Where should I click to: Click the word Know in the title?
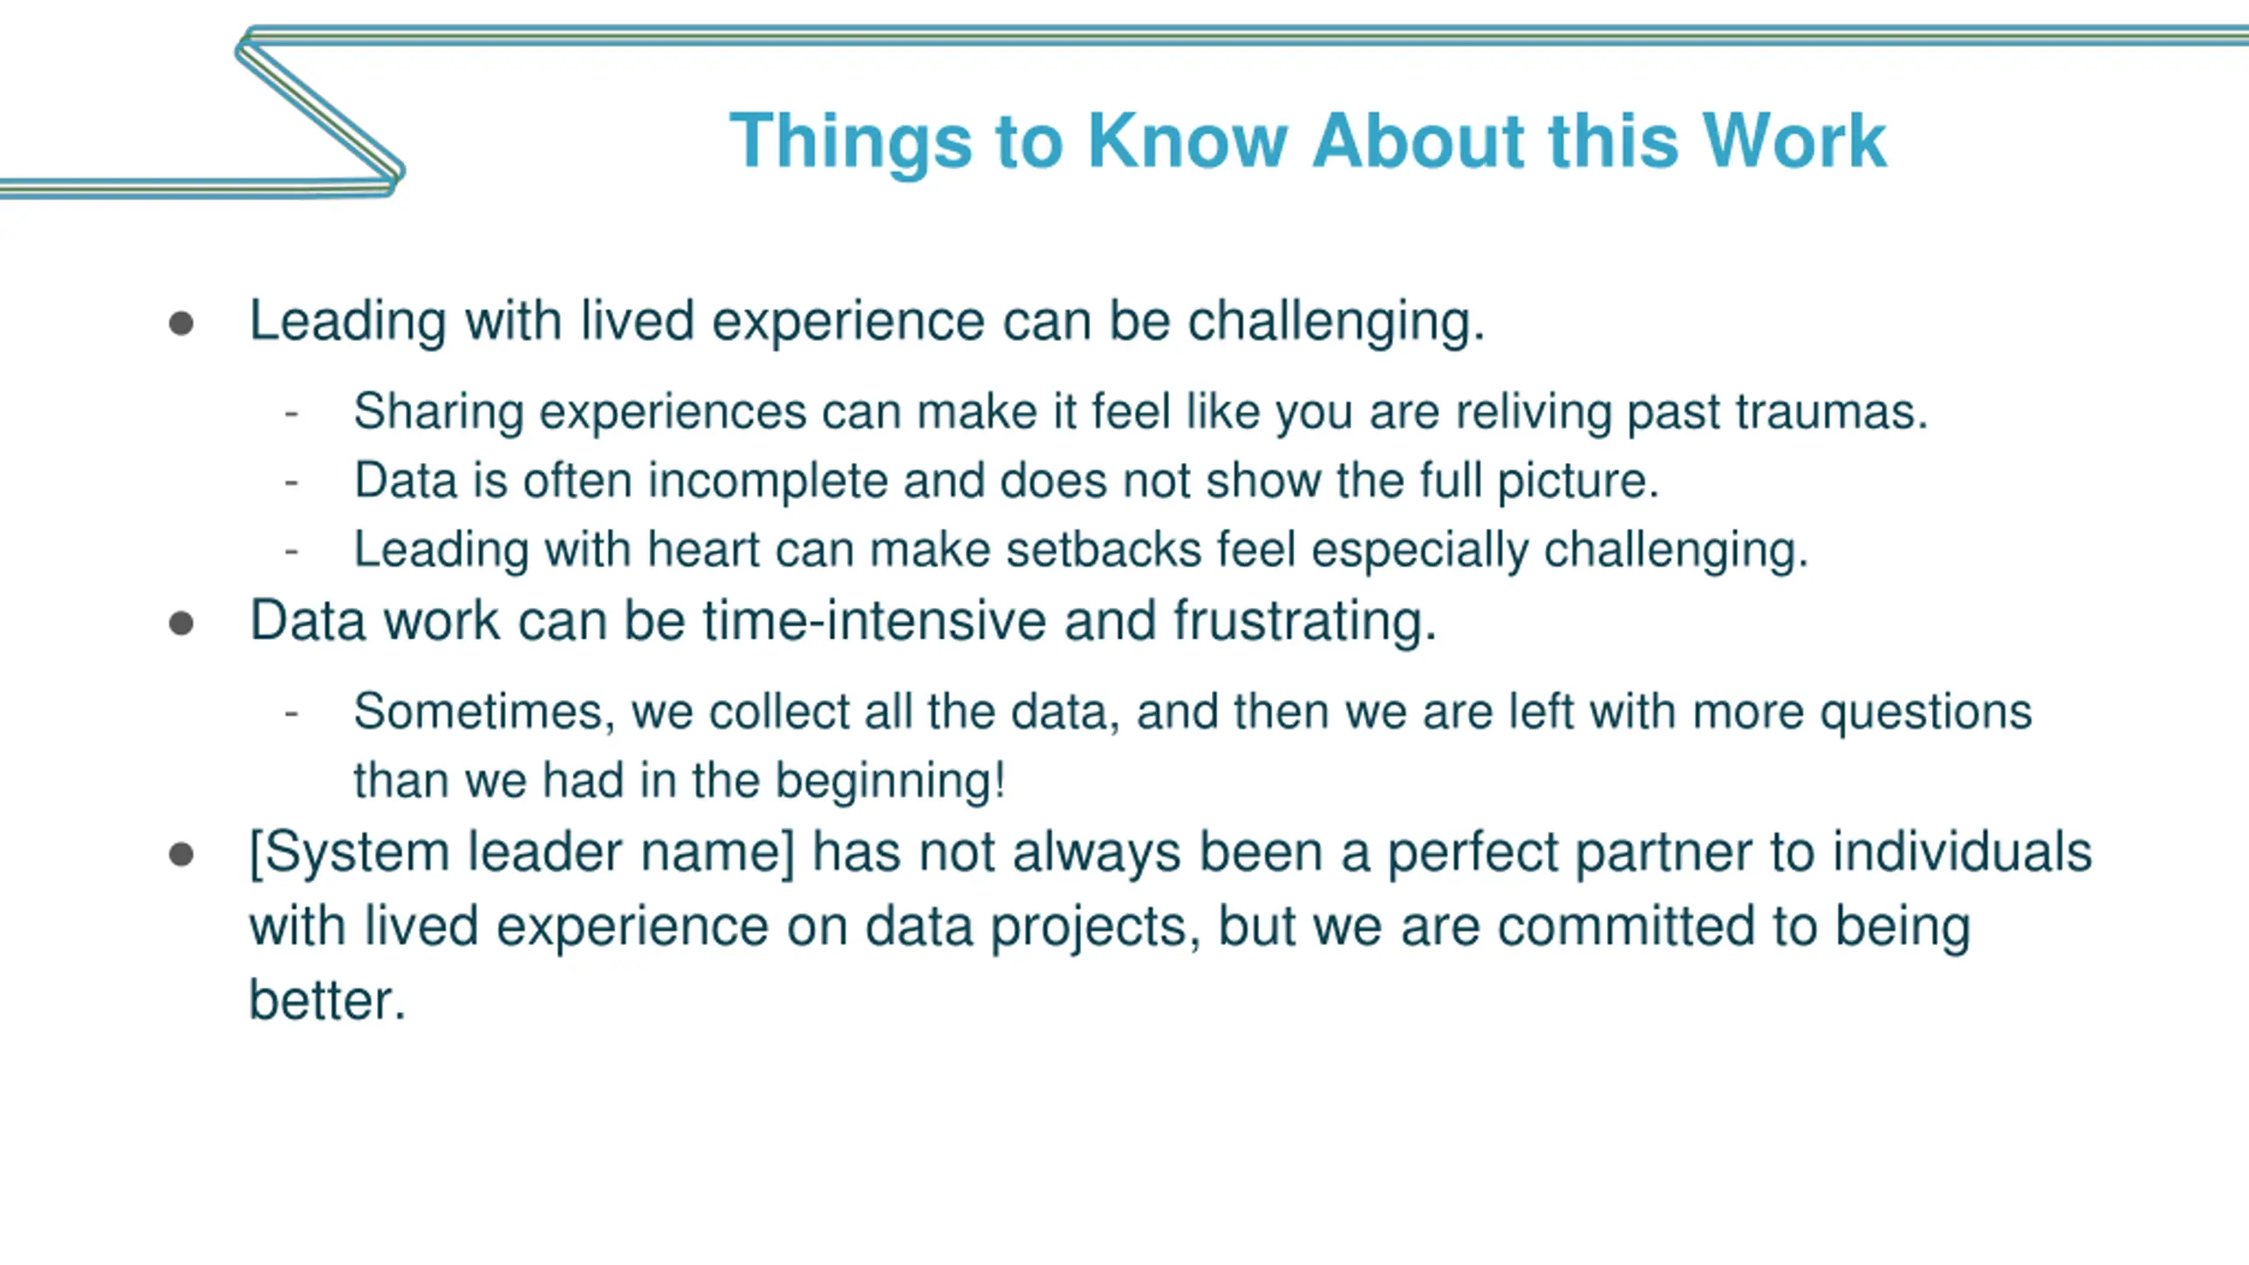point(1188,141)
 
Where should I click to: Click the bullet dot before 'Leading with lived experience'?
point(181,323)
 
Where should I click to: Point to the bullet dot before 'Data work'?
point(181,624)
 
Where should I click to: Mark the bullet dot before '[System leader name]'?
point(181,855)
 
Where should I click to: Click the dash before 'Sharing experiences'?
point(292,413)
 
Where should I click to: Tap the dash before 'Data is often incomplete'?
point(292,482)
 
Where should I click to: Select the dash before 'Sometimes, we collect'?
point(292,713)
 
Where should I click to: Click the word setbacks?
point(1103,550)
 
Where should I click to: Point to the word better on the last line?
point(327,1001)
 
